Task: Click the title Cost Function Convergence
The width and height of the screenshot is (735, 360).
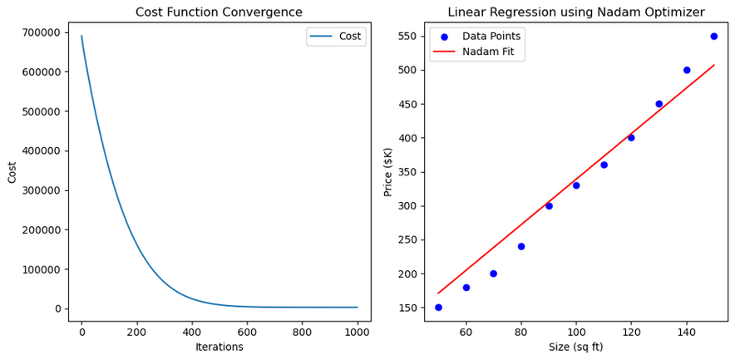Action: [x=219, y=12]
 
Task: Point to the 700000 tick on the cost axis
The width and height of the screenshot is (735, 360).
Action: [x=41, y=32]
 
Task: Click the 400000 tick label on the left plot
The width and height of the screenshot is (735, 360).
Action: [x=41, y=150]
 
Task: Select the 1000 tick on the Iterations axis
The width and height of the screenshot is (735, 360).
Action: [x=358, y=332]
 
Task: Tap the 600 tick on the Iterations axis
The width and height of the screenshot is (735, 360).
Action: [x=247, y=332]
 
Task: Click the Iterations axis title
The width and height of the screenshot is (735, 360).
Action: [x=219, y=347]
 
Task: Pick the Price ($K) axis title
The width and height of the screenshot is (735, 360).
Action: [x=388, y=171]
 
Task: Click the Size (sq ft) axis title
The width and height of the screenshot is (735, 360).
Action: [x=575, y=347]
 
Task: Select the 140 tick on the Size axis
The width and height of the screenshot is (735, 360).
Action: [x=686, y=332]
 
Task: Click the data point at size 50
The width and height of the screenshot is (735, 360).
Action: [x=438, y=307]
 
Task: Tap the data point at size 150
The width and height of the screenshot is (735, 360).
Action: [x=713, y=37]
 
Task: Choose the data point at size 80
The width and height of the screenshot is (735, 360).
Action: [x=521, y=246]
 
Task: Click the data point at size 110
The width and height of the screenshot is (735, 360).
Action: [x=604, y=165]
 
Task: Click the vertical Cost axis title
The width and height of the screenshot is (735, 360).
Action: [x=12, y=171]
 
